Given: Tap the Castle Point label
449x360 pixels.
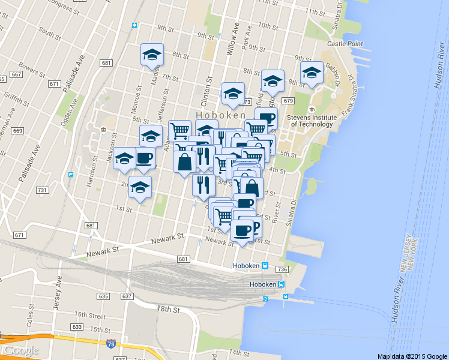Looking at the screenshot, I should (x=345, y=44).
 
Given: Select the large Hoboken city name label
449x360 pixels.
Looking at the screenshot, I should (x=221, y=115).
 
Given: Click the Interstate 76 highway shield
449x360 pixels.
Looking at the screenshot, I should (x=110, y=344).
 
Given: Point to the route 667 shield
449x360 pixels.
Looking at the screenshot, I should (x=16, y=74).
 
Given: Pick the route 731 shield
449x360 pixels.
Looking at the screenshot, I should (x=42, y=190).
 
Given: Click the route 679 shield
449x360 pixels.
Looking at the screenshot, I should (x=288, y=101).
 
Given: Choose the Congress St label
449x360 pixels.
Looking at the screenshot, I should (x=61, y=7).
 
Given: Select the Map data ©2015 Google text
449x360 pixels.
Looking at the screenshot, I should (x=412, y=356).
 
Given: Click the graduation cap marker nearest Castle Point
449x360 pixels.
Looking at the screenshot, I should (x=312, y=73).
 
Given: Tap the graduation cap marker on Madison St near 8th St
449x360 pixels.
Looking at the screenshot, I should (x=152, y=55).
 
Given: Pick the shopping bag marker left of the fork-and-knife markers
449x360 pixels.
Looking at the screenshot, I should (x=184, y=162).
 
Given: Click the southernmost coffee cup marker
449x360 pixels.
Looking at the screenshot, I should (x=242, y=230).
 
